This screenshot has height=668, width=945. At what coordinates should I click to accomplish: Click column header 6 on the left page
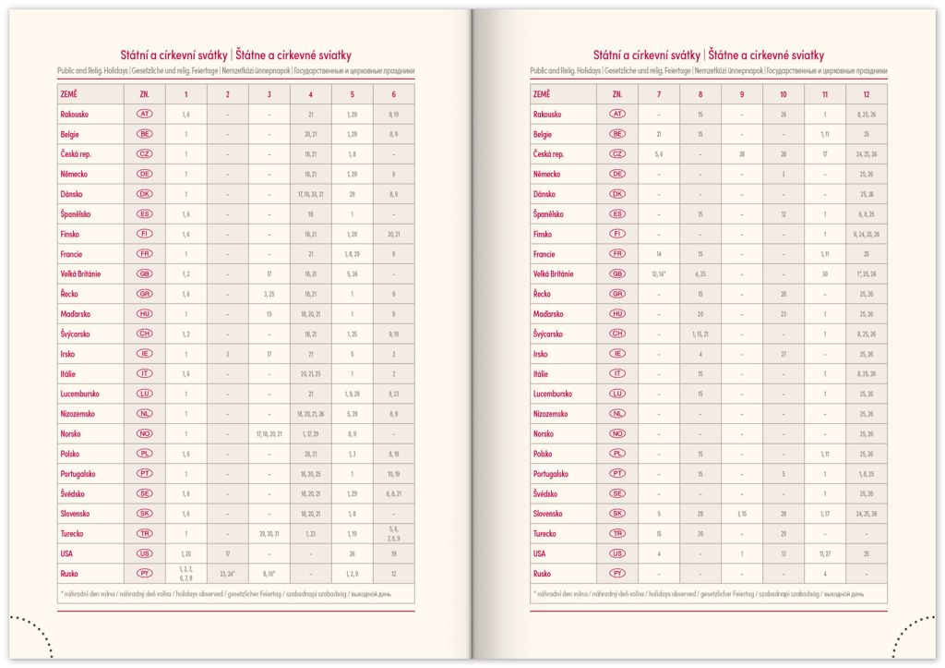pos(394,94)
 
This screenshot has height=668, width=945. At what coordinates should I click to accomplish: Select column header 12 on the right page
pos(867,94)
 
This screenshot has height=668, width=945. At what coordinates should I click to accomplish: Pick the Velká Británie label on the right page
pos(554,273)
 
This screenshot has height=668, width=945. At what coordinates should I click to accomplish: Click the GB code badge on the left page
pos(145,273)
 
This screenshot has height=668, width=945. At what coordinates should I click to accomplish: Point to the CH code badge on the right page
pos(617,334)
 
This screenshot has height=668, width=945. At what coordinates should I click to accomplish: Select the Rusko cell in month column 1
pos(186,573)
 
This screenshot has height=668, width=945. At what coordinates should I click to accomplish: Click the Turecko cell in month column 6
pos(394,533)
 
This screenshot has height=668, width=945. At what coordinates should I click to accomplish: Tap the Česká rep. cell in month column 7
pos(659,154)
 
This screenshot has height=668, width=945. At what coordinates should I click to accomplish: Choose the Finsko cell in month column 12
pos(867,234)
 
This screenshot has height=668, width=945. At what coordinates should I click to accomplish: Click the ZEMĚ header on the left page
pos(72,94)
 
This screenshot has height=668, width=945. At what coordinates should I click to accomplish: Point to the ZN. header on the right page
pos(617,94)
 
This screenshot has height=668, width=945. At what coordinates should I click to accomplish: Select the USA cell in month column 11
pos(825,553)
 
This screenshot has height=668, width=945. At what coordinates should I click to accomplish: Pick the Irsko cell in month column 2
pos(228,354)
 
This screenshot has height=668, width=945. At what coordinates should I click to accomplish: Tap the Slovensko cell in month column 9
pos(742,514)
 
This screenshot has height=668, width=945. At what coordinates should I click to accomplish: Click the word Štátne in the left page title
pos(254,55)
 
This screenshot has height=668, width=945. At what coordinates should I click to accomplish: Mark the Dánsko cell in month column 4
pos(311,194)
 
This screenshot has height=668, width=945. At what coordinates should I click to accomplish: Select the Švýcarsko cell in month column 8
pos(700,334)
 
